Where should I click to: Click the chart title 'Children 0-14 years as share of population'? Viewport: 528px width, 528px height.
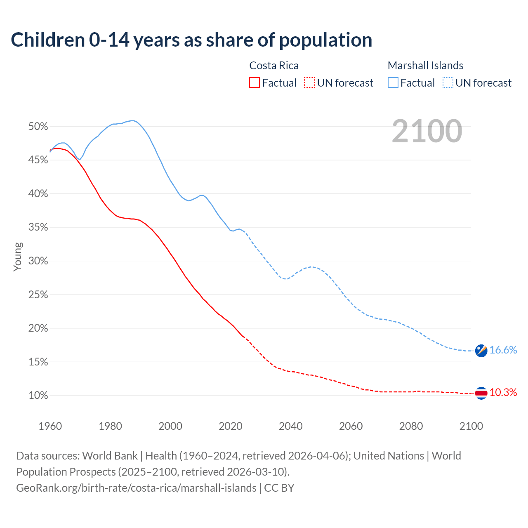191,40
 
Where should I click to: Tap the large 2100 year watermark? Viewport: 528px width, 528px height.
427,131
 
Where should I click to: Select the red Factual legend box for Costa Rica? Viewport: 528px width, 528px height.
255,83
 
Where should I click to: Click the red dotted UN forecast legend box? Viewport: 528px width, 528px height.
309,83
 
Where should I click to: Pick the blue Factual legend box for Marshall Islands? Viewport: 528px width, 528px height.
393,83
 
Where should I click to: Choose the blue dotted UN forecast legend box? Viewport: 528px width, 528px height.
448,83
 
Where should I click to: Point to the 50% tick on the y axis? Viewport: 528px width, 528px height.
38,127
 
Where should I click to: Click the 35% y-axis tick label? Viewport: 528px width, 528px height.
38,227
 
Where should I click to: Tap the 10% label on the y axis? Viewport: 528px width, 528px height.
38,396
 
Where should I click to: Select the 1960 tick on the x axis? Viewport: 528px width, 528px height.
50,426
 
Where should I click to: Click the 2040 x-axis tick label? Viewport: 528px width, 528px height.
291,426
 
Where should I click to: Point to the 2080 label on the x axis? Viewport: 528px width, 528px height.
411,426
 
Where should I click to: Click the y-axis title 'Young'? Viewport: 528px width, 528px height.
18,257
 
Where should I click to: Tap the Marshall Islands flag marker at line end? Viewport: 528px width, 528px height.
481,351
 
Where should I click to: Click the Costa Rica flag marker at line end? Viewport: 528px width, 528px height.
481,393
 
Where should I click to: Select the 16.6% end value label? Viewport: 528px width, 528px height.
503,350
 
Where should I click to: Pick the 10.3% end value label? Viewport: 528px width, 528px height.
503,393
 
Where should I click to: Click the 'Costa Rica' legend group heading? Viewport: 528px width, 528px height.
274,66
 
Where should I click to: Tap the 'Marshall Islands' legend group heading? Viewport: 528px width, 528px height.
425,66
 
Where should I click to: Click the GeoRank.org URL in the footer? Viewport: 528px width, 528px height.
136,488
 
